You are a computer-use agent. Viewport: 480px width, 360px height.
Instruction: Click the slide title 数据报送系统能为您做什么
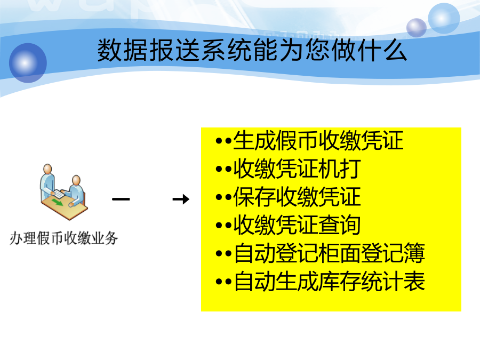pyautogui.click(x=252, y=50)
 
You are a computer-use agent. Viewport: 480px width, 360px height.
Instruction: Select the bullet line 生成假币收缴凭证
pyautogui.click(x=309, y=140)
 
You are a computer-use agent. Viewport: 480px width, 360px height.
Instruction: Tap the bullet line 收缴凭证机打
pyautogui.click(x=289, y=169)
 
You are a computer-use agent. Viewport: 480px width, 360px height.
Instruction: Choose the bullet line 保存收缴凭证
pyautogui.click(x=289, y=197)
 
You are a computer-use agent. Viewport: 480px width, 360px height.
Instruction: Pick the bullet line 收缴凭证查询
pyautogui.click(x=289, y=225)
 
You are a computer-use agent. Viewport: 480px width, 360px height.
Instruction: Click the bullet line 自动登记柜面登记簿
pyautogui.click(x=320, y=253)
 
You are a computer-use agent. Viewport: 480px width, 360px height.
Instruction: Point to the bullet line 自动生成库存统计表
pyautogui.click(x=320, y=281)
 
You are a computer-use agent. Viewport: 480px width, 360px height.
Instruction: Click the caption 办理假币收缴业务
pyautogui.click(x=63, y=238)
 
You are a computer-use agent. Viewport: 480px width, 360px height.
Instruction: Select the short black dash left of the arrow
pyautogui.click(x=121, y=199)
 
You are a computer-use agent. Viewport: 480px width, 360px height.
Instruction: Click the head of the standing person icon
pyautogui.click(x=47, y=169)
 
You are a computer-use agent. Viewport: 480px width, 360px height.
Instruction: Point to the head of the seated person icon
pyautogui.click(x=76, y=180)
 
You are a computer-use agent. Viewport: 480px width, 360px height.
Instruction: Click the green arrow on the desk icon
pyautogui.click(x=57, y=202)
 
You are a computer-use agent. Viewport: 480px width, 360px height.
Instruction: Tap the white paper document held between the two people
pyautogui.click(x=59, y=194)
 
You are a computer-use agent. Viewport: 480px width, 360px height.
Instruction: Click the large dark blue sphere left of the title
pyautogui.click(x=28, y=63)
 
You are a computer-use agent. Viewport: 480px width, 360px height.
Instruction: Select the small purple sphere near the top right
pyautogui.click(x=417, y=28)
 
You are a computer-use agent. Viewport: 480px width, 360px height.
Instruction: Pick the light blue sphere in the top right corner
pyautogui.click(x=444, y=18)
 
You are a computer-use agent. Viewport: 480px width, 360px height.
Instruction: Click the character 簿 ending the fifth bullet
pyautogui.click(x=414, y=253)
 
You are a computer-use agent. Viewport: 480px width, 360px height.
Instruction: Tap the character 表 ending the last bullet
pyautogui.click(x=414, y=281)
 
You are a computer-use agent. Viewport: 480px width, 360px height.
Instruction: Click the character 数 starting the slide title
pyautogui.click(x=109, y=50)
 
